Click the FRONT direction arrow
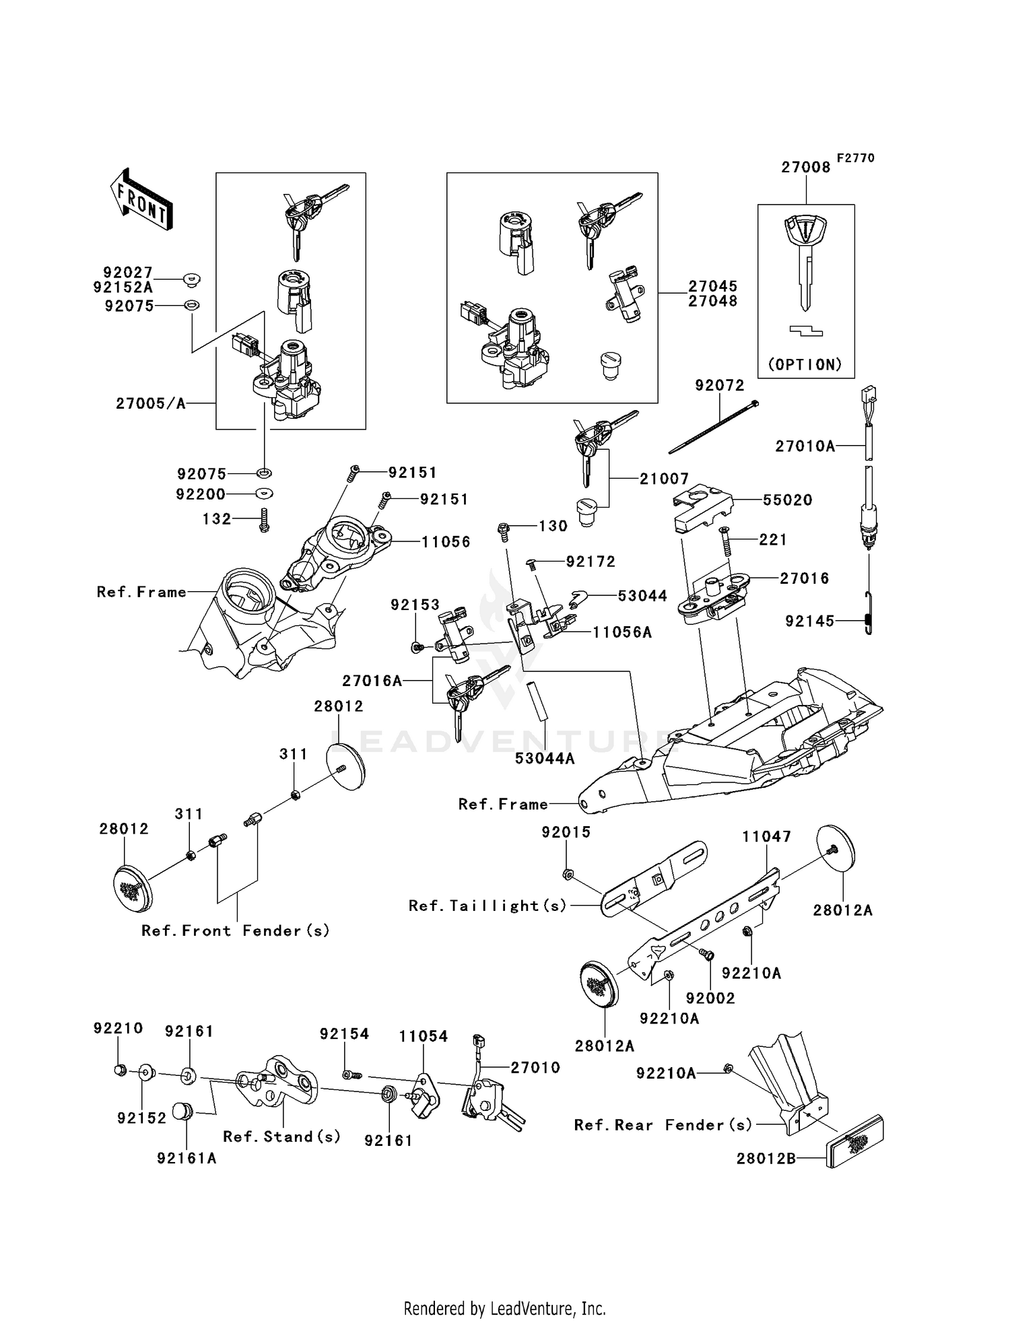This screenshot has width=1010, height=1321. (x=141, y=200)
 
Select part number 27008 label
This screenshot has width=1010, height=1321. (x=805, y=168)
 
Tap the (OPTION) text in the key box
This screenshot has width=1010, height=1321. (x=805, y=364)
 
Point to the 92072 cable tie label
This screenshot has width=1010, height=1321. (x=719, y=385)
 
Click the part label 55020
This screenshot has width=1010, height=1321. (x=787, y=500)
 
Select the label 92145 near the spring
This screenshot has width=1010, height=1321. (x=809, y=621)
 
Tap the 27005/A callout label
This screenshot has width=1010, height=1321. (x=150, y=403)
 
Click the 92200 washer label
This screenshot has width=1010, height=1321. (x=200, y=494)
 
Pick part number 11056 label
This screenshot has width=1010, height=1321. (x=446, y=541)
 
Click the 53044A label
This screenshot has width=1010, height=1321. (x=545, y=758)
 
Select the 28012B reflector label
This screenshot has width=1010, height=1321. (x=766, y=1159)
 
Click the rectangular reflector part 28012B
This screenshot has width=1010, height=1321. (x=854, y=1142)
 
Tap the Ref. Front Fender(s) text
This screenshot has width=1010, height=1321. (x=235, y=930)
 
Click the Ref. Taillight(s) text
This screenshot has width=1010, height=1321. (x=487, y=906)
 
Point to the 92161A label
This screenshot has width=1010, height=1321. (x=187, y=1158)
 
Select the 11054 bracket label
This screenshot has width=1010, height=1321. (x=423, y=1036)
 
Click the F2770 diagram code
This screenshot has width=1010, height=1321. (x=855, y=158)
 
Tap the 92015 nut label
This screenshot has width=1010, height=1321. (x=566, y=832)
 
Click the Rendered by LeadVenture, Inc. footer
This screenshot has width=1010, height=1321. (x=504, y=1308)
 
